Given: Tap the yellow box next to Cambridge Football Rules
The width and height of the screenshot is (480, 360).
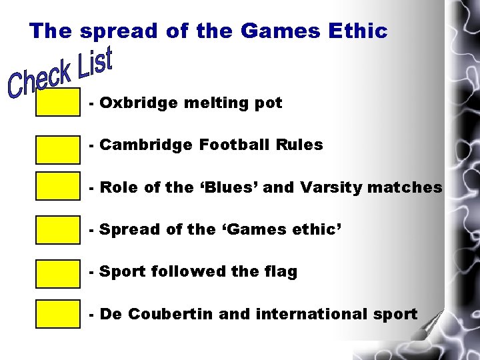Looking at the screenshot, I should [x=58, y=150].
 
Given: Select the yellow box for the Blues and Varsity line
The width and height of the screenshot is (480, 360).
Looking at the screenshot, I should [x=58, y=187].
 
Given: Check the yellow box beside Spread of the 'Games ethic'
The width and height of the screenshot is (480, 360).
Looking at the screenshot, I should [x=58, y=230].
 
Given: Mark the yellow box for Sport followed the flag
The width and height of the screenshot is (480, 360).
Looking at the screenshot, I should [x=58, y=273].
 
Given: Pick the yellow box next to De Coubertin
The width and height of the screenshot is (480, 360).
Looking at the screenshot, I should [x=58, y=314].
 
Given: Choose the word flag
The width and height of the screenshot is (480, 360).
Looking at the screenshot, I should [x=280, y=272].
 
